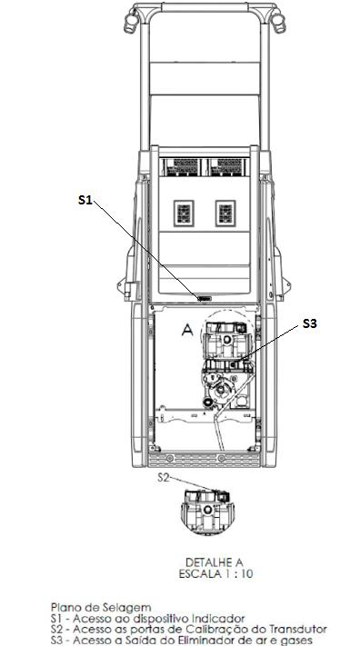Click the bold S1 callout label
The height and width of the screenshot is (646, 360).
(85, 200)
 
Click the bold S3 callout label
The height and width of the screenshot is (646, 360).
(310, 323)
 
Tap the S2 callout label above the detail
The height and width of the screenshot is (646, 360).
(164, 477)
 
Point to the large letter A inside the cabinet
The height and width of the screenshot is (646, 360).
(187, 329)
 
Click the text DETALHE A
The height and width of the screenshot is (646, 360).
(214, 562)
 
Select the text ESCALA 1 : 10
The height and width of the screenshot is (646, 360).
(215, 574)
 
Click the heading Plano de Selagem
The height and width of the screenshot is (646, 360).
(101, 607)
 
